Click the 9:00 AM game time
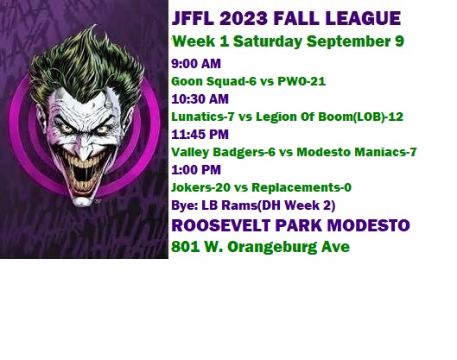[x=196, y=64]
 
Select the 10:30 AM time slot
[x=200, y=99]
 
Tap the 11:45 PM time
[x=200, y=135]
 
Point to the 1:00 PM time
[x=196, y=170]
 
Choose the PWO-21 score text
[x=301, y=81]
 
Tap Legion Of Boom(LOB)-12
[x=330, y=117]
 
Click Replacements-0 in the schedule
[x=301, y=188]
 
